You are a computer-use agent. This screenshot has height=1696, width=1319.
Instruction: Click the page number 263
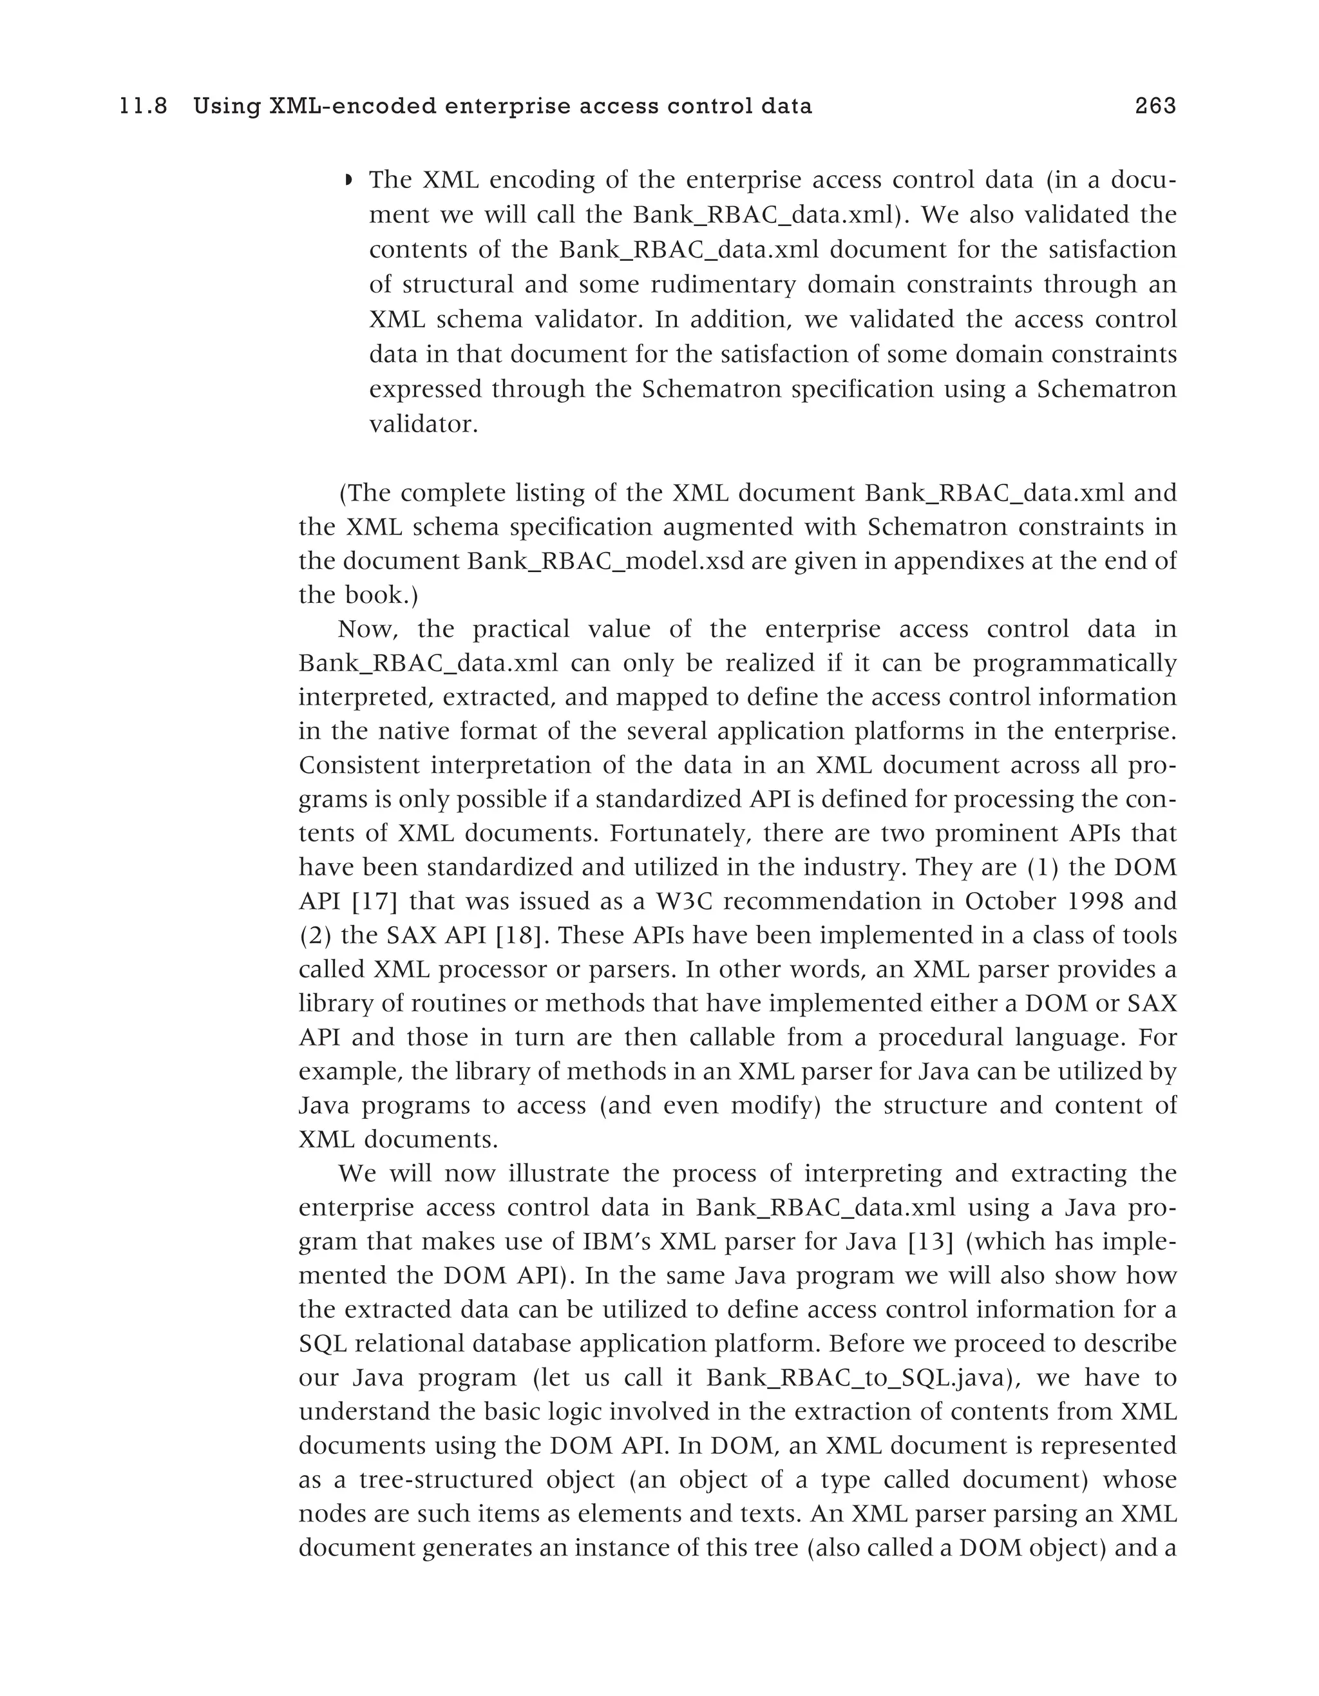pos(1155,106)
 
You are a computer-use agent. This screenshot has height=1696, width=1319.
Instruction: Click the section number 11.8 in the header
pos(144,106)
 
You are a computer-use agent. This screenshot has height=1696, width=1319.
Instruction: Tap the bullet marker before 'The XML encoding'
pos(348,181)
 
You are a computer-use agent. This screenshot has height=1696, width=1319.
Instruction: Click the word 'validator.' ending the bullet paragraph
pos(423,424)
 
